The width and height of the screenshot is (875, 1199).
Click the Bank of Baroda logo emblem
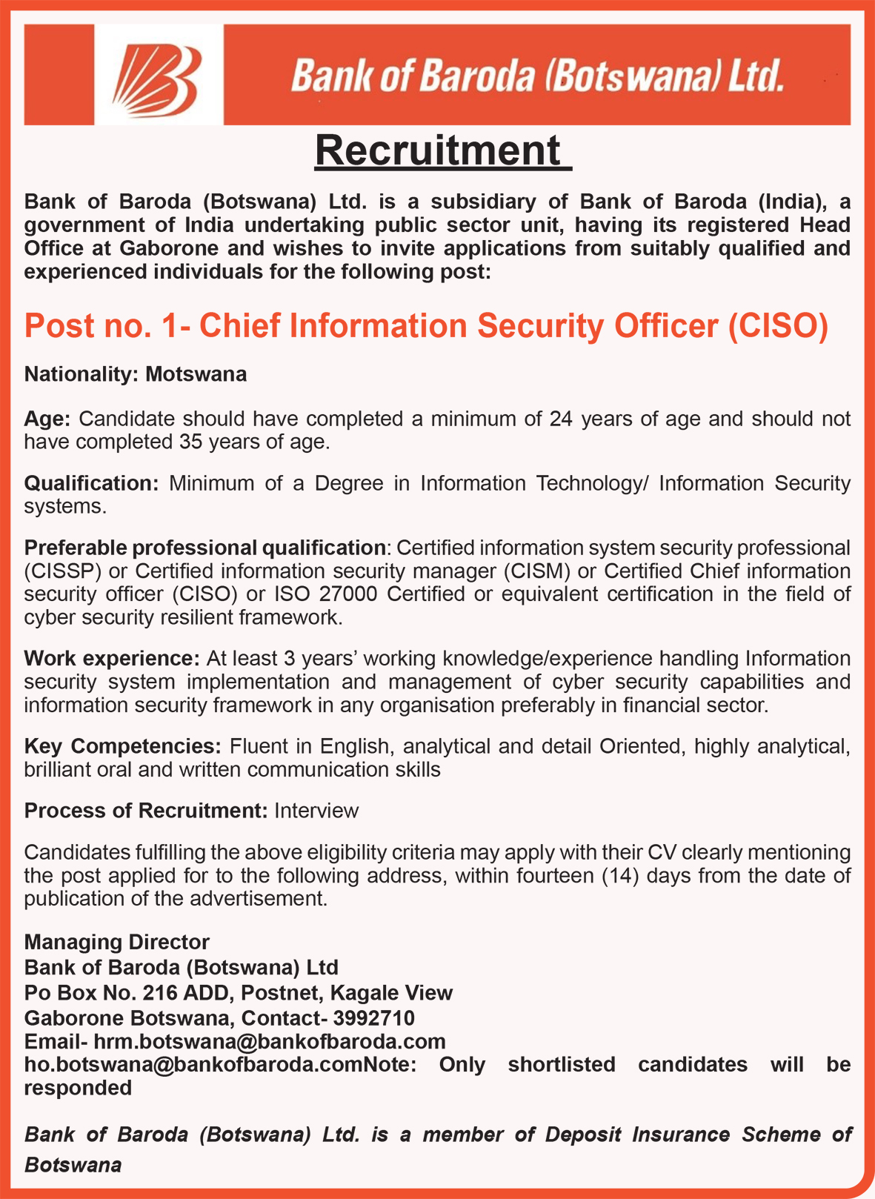coord(159,74)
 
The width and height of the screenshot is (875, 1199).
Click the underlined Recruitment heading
coord(442,150)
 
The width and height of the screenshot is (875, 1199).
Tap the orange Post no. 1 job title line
coord(425,326)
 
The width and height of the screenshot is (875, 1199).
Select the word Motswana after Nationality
coord(196,374)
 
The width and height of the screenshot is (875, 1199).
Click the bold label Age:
coord(47,419)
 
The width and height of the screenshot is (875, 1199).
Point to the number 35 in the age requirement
coord(191,442)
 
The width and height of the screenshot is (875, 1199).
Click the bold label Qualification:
coord(91,483)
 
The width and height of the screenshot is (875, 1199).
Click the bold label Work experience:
coord(112,659)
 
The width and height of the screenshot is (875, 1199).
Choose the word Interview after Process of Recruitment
coord(316,811)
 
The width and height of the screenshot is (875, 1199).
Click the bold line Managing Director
coord(117,942)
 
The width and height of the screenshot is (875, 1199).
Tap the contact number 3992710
coord(373,1017)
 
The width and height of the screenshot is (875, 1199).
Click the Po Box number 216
coord(158,992)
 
